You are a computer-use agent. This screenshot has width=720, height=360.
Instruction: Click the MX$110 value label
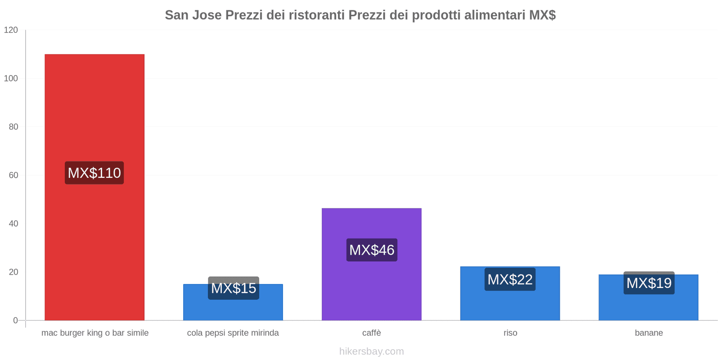point(94,173)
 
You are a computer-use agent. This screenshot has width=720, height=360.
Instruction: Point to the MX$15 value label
point(234,288)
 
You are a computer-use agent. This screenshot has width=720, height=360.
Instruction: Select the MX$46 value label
point(372,250)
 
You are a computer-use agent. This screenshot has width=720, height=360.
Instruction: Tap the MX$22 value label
point(510,279)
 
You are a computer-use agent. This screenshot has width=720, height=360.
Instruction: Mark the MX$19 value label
point(648,283)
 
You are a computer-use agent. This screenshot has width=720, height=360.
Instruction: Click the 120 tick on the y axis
point(11,30)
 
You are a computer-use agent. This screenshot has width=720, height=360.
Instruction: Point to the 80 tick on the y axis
point(13,127)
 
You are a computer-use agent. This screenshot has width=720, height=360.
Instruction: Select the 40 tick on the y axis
point(13,224)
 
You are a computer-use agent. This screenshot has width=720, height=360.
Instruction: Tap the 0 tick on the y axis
point(15,320)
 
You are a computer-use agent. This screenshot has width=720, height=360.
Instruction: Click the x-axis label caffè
point(371,333)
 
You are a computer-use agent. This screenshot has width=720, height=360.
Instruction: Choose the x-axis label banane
point(648,333)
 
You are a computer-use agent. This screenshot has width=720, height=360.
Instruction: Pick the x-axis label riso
point(510,333)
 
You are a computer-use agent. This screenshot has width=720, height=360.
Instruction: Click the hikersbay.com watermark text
point(371,351)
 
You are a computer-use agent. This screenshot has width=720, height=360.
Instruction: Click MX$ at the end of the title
point(542,15)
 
